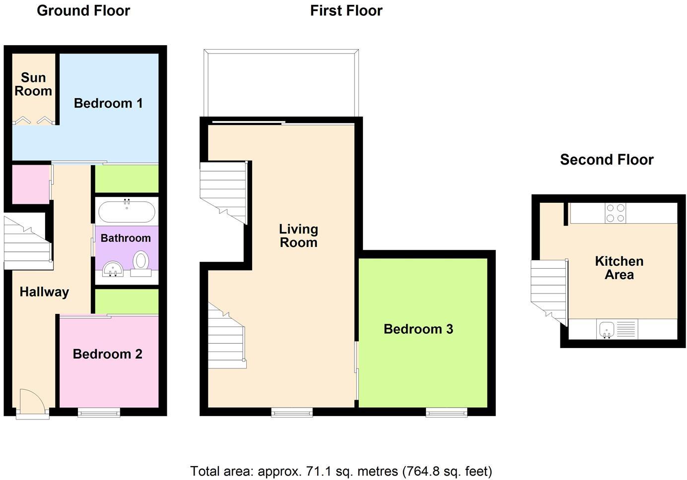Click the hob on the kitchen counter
(x=616, y=213)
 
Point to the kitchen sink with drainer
(x=617, y=329)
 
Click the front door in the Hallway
(x=33, y=402)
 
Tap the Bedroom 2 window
(x=99, y=412)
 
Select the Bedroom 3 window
(x=447, y=412)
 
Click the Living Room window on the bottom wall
(x=292, y=412)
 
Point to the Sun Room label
(x=33, y=84)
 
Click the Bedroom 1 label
(x=108, y=103)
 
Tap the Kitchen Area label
(x=619, y=268)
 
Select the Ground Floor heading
(x=83, y=10)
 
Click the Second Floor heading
(x=607, y=160)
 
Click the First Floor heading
(x=346, y=10)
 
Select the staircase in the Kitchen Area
(x=549, y=290)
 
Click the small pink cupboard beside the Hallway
(x=30, y=184)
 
